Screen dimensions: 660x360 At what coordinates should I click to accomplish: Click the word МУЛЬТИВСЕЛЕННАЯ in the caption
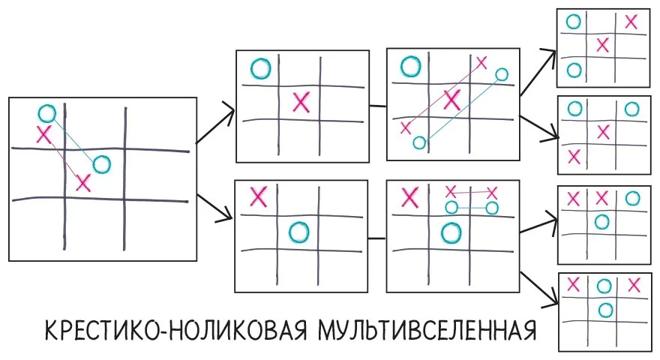(x=427, y=330)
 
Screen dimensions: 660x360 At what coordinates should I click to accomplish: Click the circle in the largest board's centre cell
(x=101, y=164)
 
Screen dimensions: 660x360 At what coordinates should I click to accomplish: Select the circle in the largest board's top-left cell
(x=46, y=113)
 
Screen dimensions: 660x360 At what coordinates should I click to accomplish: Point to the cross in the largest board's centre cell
(x=83, y=183)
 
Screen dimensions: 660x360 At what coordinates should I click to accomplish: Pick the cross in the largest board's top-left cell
(x=43, y=134)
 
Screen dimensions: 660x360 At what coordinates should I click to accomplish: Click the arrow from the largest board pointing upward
(x=214, y=124)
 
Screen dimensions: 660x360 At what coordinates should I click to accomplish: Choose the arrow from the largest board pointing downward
(x=214, y=208)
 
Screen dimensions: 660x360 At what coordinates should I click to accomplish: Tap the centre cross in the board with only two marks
(x=301, y=102)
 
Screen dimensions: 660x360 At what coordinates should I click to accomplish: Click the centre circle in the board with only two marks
(x=299, y=232)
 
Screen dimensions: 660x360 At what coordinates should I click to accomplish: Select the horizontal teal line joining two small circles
(x=472, y=208)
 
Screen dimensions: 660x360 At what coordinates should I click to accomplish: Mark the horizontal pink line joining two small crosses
(x=471, y=193)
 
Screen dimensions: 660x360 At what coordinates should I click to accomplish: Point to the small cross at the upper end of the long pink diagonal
(x=481, y=63)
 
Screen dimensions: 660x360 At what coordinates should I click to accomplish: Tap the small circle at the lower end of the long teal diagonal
(x=419, y=142)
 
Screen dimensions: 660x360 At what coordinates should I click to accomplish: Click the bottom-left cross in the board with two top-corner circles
(x=574, y=157)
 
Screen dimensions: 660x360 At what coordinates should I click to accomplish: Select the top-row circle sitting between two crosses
(x=604, y=286)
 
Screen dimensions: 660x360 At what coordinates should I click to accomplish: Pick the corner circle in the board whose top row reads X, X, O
(x=633, y=198)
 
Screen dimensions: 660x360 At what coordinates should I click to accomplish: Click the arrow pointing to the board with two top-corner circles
(x=539, y=127)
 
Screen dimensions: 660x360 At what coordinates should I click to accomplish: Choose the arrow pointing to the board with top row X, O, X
(x=539, y=289)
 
